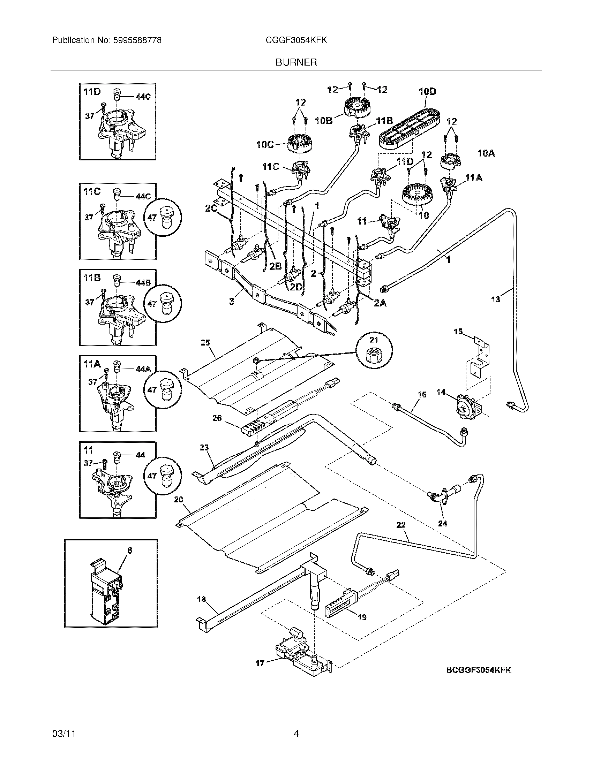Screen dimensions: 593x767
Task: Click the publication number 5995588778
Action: (x=137, y=40)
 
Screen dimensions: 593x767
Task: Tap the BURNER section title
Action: (x=296, y=62)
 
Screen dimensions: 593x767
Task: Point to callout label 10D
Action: (x=427, y=91)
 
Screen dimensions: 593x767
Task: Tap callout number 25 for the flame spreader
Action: (x=205, y=342)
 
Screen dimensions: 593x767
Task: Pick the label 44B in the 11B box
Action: (x=143, y=282)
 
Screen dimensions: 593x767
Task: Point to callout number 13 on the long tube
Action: (x=495, y=299)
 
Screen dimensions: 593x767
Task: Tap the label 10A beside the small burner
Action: (x=486, y=153)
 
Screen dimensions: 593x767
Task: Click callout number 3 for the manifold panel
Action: (x=232, y=301)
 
